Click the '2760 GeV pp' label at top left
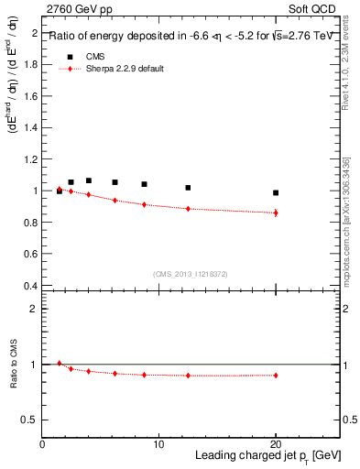tap(75, 9)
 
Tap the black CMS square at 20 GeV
tap(276, 192)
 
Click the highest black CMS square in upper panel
tap(89, 180)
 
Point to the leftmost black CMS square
tap(60, 191)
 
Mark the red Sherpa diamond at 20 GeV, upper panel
tap(276, 213)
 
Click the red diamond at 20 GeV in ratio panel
tap(276, 376)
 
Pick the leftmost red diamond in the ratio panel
tap(60, 364)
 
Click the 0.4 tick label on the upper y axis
tap(32, 286)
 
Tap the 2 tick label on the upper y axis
tap(36, 33)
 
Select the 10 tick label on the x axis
tap(158, 443)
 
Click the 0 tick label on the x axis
tap(43, 443)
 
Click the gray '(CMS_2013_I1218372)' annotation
tap(191, 274)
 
